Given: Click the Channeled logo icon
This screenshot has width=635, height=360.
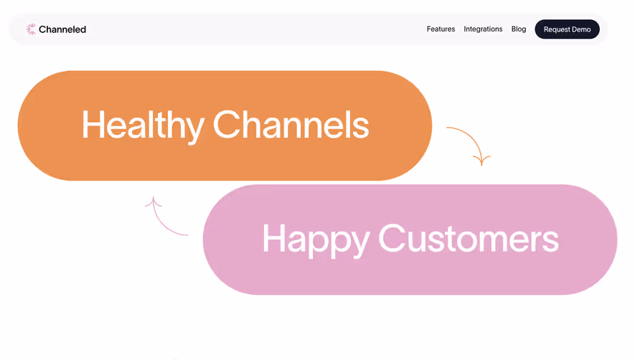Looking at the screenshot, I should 31,29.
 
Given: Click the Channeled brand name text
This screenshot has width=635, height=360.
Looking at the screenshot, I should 62,29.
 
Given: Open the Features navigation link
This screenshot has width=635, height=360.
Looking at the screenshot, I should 441,29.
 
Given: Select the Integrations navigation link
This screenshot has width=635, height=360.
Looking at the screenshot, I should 483,29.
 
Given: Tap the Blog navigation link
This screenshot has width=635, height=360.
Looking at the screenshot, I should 519,29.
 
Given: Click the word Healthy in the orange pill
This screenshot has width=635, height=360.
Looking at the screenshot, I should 142,125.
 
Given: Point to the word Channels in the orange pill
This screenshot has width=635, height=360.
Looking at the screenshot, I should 291,125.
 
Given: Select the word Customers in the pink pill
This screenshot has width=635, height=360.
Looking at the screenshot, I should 468,238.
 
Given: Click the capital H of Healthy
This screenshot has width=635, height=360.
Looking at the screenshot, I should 93,125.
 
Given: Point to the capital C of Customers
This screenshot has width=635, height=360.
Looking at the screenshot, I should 392,238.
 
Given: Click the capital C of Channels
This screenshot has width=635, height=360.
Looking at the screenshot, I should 227,125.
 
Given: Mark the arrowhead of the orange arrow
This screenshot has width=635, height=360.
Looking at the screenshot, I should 481,159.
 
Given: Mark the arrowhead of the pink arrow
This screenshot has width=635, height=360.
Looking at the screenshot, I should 152,202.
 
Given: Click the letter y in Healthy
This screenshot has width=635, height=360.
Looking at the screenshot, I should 192,129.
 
